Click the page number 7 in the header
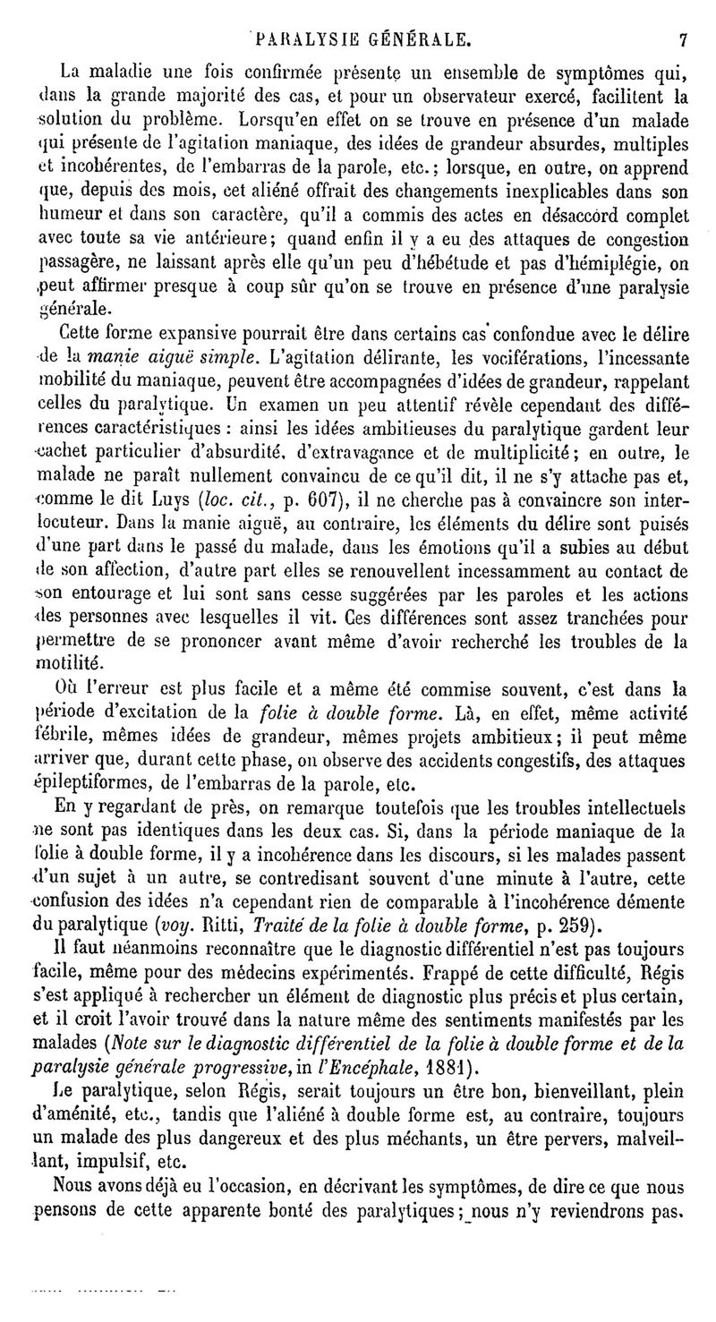click(x=682, y=39)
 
